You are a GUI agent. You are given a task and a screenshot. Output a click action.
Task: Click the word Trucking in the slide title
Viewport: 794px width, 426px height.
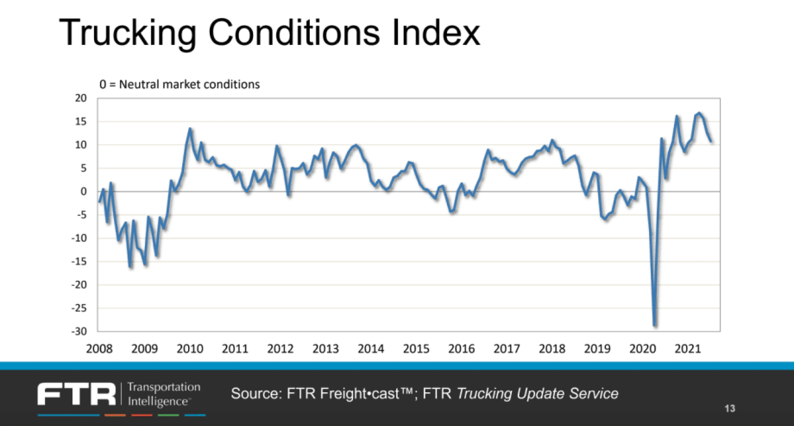tap(127, 34)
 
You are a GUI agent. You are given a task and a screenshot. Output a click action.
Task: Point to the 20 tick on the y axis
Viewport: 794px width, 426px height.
tap(84, 98)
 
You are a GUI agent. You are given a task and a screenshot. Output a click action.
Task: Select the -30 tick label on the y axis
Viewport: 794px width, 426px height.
tap(82, 331)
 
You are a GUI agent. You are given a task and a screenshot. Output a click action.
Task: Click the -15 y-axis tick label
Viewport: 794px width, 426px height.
tap(82, 261)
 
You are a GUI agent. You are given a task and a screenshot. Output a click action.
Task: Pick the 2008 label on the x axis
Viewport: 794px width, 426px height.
tap(98, 348)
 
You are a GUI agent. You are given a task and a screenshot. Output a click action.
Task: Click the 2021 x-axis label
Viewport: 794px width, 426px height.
tap(687, 348)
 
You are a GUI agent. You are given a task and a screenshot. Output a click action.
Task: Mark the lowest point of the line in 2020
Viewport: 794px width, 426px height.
tap(655, 325)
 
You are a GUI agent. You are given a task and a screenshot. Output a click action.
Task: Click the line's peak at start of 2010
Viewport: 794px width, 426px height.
tap(190, 130)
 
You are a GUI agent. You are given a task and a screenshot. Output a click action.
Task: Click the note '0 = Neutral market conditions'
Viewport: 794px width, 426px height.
tap(179, 85)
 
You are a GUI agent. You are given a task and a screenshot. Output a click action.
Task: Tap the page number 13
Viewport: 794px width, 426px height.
tap(729, 408)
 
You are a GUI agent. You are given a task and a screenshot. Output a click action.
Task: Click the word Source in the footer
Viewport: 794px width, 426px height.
tap(255, 394)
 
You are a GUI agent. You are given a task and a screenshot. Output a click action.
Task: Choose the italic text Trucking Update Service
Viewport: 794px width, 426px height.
tap(537, 394)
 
